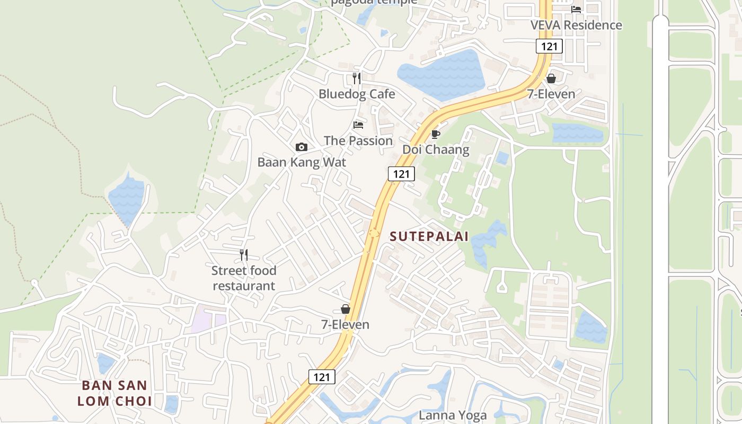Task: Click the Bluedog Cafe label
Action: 357,94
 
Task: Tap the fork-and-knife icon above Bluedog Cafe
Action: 357,78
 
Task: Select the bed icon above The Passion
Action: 358,125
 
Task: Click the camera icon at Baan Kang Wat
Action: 302,147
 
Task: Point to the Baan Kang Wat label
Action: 302,162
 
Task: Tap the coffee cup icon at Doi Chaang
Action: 436,134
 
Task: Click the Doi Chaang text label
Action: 436,149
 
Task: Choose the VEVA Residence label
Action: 576,25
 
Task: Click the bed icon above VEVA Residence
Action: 576,9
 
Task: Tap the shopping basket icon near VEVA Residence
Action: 551,78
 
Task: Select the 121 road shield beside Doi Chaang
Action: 401,173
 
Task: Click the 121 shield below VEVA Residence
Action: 549,46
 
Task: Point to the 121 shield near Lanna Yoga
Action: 322,377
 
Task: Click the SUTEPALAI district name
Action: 429,236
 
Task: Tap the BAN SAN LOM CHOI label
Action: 114,393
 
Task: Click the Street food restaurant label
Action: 244,278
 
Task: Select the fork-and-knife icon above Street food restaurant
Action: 244,255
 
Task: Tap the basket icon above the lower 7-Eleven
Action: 346,308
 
